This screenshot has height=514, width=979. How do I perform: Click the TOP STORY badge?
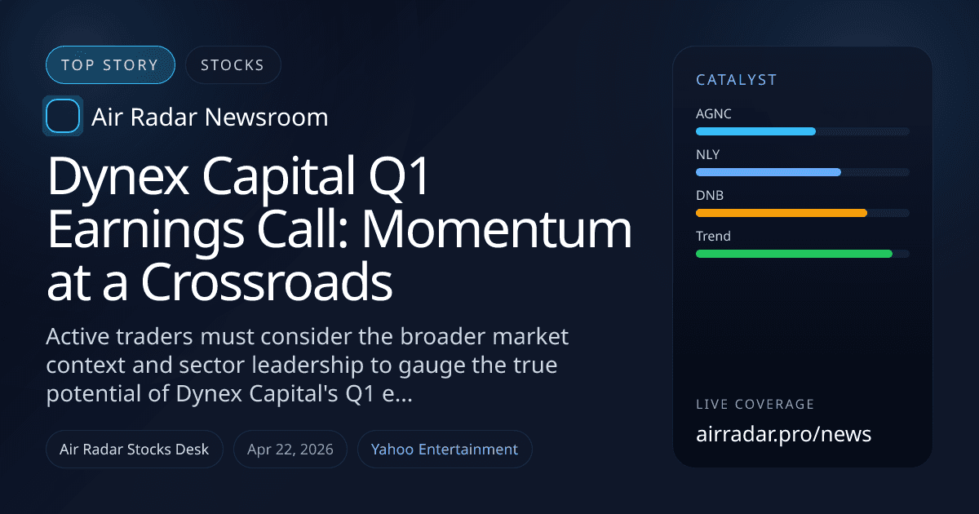[x=110, y=65]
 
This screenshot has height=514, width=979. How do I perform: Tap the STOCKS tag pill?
[x=233, y=65]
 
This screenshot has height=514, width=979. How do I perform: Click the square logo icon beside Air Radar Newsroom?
[x=63, y=117]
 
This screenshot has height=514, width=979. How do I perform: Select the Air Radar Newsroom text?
[x=210, y=117]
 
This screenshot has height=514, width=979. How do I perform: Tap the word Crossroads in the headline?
[x=267, y=282]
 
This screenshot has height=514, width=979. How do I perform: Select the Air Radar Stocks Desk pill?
[x=135, y=450]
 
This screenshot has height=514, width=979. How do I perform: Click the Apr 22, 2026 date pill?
[x=290, y=450]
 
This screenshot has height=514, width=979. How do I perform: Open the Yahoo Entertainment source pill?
[x=445, y=450]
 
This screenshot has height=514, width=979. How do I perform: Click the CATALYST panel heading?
[x=736, y=80]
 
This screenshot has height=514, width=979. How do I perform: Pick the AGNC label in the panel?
[x=714, y=114]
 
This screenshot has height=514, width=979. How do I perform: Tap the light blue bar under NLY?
[x=768, y=172]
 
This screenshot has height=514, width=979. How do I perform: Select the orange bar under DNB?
[x=781, y=213]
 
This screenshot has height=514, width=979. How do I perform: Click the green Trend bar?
[x=794, y=254]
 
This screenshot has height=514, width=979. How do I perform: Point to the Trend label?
[x=713, y=237]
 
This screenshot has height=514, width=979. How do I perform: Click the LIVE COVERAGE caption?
[x=755, y=405]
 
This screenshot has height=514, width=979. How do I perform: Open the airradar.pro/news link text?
[x=783, y=434]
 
